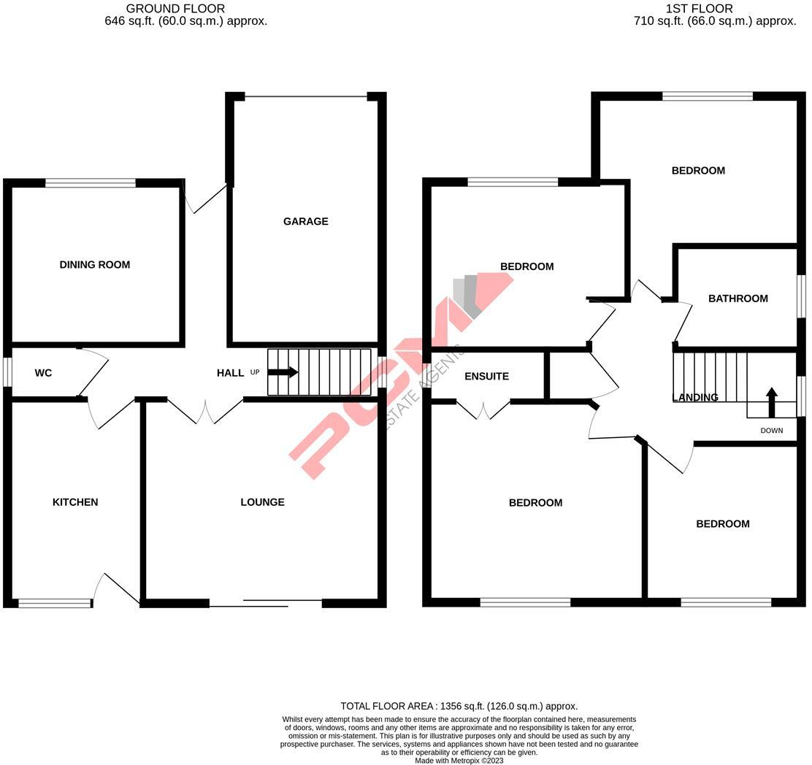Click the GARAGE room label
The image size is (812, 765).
coord(305,221)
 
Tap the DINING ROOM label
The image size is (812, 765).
coord(95,264)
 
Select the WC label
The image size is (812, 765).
coord(43,373)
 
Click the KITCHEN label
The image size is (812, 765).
coord(75,502)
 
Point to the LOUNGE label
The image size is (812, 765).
coord(262,502)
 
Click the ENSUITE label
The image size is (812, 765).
coord(486,377)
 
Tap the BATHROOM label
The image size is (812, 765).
coord(738,299)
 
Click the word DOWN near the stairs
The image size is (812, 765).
coord(771,431)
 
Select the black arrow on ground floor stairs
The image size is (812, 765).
coord(283,372)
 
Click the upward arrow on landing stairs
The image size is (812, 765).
coord(771,401)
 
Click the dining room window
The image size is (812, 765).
coord(91,183)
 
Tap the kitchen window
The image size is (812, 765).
coord(55,603)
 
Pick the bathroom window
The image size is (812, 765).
coord(800,296)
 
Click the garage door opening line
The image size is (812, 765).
coord(305,96)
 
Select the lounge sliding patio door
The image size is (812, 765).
coord(266,603)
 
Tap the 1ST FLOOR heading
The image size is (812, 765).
coord(699,9)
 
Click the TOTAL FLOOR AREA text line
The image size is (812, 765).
coord(459,706)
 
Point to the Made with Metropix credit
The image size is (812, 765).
coord(459,761)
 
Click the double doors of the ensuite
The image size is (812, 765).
coord(483,410)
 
